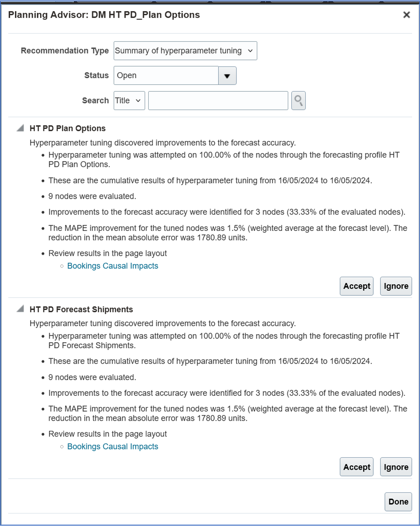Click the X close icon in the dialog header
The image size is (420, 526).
406,15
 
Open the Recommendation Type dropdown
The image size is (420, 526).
185,51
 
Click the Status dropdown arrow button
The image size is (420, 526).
227,76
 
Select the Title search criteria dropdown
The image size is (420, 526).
129,101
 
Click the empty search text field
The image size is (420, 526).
218,101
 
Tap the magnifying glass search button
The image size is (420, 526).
298,101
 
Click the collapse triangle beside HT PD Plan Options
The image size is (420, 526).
20,128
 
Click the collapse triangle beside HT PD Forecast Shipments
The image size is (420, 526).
20,309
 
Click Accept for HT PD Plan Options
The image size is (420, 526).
357,286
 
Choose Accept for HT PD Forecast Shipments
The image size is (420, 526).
357,467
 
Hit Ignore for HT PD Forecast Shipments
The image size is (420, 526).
396,467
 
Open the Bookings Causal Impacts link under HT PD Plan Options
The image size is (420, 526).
113,266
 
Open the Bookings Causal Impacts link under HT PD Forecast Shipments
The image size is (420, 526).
113,447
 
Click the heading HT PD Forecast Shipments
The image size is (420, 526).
81,309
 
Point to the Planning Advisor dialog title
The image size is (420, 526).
104,15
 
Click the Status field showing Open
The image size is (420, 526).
166,76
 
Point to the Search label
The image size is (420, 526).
95,101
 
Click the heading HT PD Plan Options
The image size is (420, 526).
68,128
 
